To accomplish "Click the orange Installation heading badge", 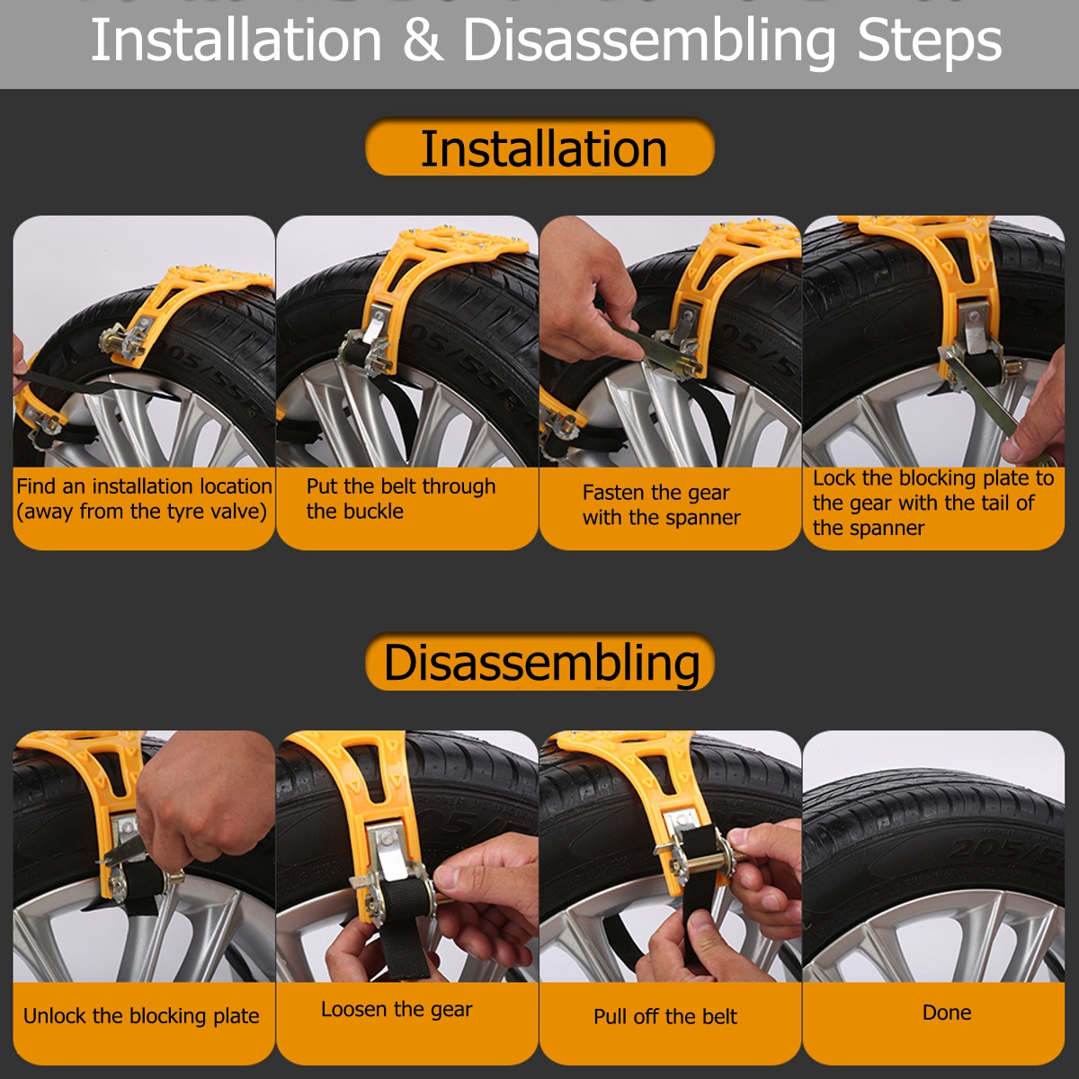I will point(539,148).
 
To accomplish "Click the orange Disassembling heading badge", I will point(539,663).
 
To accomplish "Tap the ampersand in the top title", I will point(422,41).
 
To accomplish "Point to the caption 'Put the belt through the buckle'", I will point(400,499).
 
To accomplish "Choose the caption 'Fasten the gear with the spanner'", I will point(661,504).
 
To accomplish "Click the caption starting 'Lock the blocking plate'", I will point(932,503).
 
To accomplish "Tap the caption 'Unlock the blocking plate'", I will point(141,1016).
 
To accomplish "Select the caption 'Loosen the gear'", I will point(397,1009).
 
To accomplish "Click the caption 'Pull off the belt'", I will point(664,1016).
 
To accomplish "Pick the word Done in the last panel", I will point(947,1012).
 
